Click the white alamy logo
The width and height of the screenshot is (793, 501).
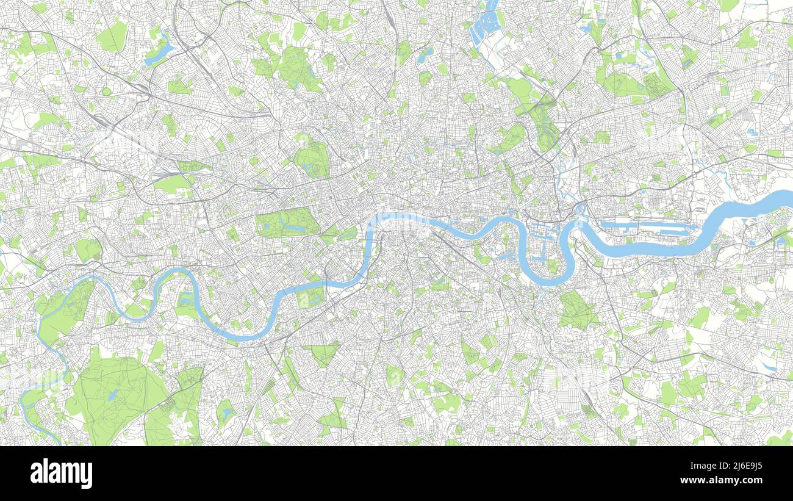tap(62, 474)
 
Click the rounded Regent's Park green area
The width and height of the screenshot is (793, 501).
tap(312, 160)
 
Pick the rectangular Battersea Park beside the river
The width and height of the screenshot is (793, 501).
tap(310, 297)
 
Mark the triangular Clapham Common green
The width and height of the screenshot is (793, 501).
tap(323, 353)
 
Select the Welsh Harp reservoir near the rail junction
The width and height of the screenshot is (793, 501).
tap(158, 54)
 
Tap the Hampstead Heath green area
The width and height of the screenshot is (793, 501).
tap(299, 67)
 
